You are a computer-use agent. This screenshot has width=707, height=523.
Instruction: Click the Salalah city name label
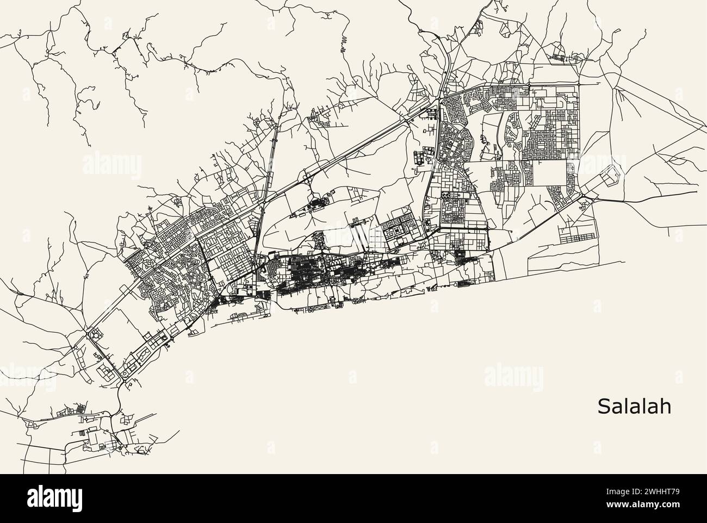point(634,407)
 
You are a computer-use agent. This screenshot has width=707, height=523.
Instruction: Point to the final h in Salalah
point(666,407)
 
